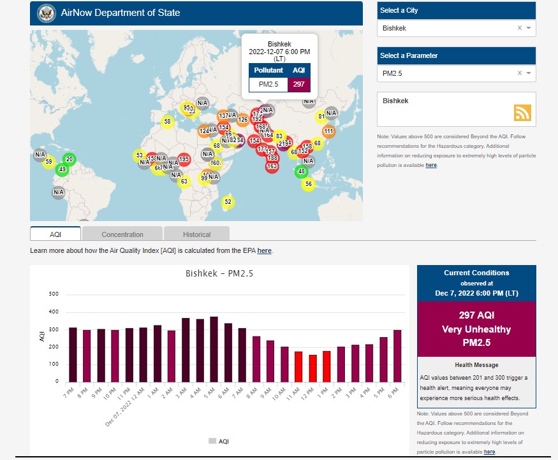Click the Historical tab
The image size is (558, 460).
point(196,234)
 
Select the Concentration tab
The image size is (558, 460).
point(122,234)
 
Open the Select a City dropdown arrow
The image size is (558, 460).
point(529,28)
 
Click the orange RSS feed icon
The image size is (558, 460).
point(522,113)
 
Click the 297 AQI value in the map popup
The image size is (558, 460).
point(298,84)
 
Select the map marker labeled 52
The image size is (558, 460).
point(228,202)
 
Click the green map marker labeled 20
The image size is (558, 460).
point(70,159)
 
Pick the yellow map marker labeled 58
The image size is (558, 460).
point(167,121)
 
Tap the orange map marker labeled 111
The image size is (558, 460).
point(328,132)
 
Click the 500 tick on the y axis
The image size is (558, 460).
point(54,294)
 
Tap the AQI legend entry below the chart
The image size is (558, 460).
point(219,441)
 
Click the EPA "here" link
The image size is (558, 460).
point(264,251)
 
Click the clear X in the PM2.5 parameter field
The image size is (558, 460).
point(519,73)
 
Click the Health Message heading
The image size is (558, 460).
point(476,365)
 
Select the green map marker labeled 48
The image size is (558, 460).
point(302,171)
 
